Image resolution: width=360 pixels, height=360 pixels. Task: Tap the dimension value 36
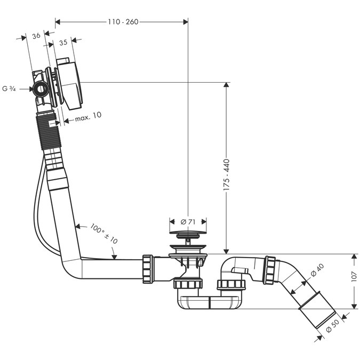pos(36,36)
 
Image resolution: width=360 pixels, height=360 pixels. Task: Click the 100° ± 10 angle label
pos(104,233)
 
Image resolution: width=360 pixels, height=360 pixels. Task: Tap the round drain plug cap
pos(188,233)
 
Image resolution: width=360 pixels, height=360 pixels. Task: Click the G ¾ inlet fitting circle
pos(39,89)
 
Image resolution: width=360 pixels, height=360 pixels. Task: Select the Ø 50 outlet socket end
pos(318,317)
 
